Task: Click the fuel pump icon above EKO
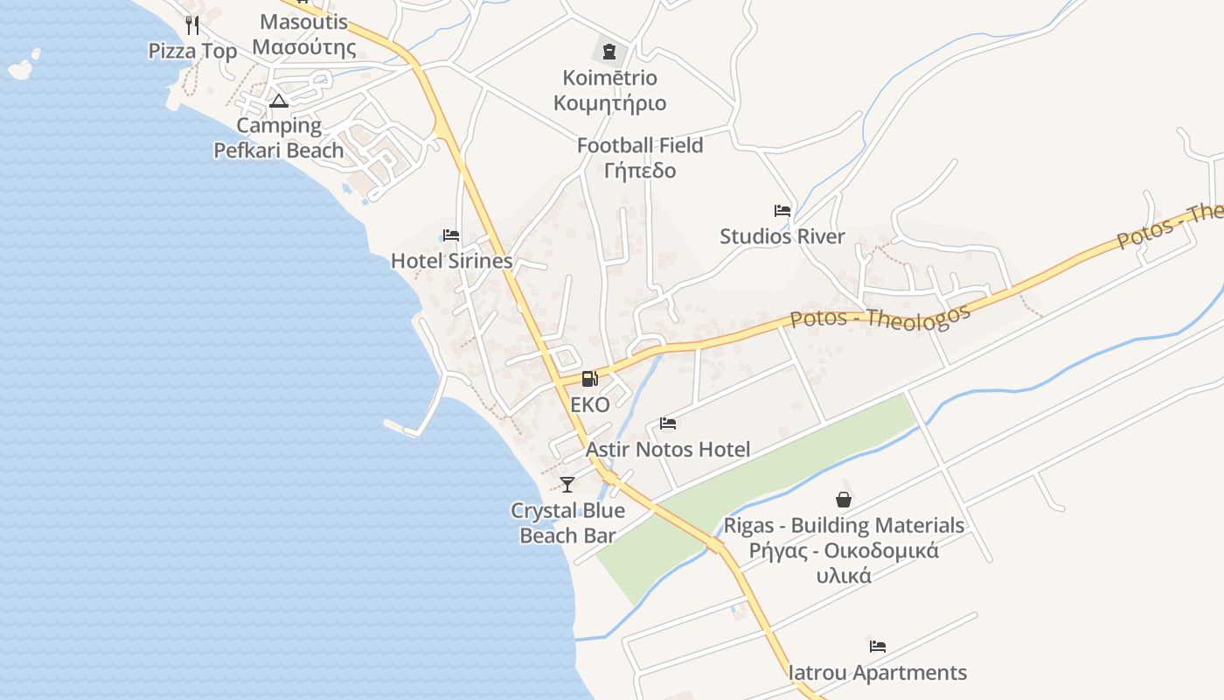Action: pos(590,379)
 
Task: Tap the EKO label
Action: pos(590,405)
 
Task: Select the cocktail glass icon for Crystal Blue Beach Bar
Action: pos(567,484)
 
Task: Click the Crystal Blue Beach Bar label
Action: pos(567,522)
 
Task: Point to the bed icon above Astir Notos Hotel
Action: pos(668,424)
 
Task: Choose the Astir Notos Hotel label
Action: pos(668,450)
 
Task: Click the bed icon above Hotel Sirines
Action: pos(451,235)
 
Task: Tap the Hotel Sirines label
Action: pos(451,261)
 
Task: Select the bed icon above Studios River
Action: pos(782,211)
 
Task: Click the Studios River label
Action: pos(782,236)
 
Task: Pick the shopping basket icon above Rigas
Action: pos(844,500)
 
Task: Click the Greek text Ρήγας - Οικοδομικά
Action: pos(844,550)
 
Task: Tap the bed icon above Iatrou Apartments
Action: pos(878,647)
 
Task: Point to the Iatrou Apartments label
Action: pos(878,673)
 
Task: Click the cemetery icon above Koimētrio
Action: pos(609,52)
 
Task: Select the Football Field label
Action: pos(640,145)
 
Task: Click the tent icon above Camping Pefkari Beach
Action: pos(279,101)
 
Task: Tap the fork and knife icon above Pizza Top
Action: pos(192,24)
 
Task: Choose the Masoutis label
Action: pos(304,22)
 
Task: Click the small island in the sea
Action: pos(24,66)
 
